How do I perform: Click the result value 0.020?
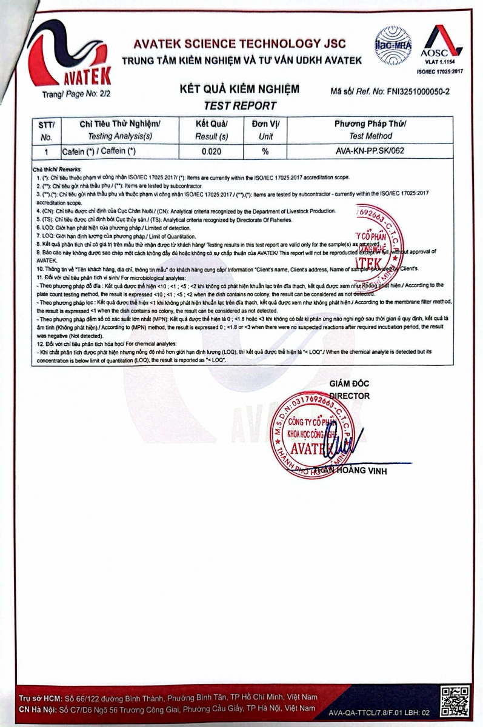tap(210, 150)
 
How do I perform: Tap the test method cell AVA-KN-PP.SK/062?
tap(370, 150)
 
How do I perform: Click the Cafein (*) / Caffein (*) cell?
tap(99, 150)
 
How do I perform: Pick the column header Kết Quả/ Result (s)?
tap(210, 130)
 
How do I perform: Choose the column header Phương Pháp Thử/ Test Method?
tap(370, 130)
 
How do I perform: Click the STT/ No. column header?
tap(46, 130)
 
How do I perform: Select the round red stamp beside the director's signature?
tap(307, 431)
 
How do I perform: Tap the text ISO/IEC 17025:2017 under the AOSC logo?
tap(439, 71)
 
